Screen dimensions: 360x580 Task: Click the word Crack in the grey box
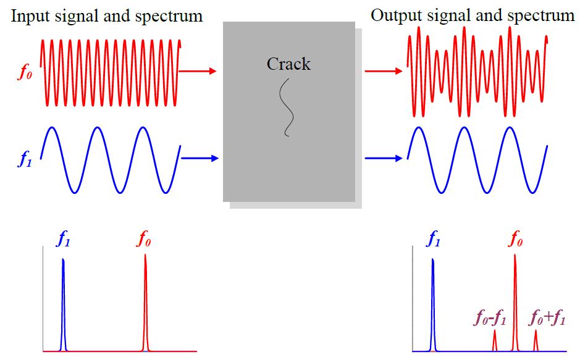click(x=288, y=64)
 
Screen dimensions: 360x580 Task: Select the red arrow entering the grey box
click(x=198, y=71)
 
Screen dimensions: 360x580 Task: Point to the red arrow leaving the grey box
click(x=383, y=71)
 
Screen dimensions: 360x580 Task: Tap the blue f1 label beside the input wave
click(x=23, y=163)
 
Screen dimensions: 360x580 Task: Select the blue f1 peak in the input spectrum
click(x=63, y=303)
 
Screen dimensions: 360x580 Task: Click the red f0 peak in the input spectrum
click(x=145, y=303)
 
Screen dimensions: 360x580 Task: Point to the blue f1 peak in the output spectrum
click(x=433, y=303)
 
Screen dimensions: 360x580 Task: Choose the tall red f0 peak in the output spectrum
click(x=515, y=303)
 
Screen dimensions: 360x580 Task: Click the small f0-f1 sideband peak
click(x=494, y=340)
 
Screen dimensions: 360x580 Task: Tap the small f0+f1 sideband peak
click(x=536, y=340)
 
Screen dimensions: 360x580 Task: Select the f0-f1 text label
click(x=490, y=320)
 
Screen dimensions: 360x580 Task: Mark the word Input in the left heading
click(x=28, y=15)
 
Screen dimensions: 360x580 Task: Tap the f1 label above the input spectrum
click(x=63, y=240)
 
